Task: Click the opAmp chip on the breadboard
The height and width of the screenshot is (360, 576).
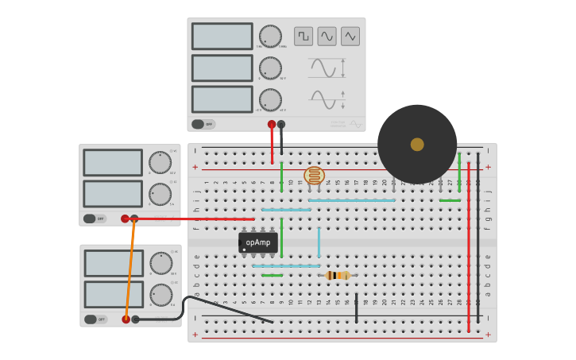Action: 257,242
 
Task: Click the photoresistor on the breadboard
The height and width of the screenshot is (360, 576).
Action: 315,176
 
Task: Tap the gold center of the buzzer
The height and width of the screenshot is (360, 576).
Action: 417,144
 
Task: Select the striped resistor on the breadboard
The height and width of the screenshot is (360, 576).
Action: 338,275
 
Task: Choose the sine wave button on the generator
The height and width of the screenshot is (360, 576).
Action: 327,37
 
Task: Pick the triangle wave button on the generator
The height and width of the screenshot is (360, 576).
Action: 350,37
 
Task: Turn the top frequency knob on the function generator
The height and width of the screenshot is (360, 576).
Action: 270,37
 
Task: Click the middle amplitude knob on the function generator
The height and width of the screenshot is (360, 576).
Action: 270,68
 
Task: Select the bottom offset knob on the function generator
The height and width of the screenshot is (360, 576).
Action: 270,100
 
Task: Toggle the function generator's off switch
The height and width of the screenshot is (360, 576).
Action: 199,124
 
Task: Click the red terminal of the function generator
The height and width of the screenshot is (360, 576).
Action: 272,124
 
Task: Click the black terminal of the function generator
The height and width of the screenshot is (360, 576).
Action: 281,124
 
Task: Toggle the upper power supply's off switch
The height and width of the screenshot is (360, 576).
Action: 91,219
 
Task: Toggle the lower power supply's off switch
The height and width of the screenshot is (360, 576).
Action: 91,319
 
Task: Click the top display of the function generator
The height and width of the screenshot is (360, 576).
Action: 222,37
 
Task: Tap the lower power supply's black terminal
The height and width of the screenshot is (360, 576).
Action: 136,319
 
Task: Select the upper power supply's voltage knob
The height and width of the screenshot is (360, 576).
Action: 160,163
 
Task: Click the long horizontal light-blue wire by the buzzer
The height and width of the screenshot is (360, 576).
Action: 351,200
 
